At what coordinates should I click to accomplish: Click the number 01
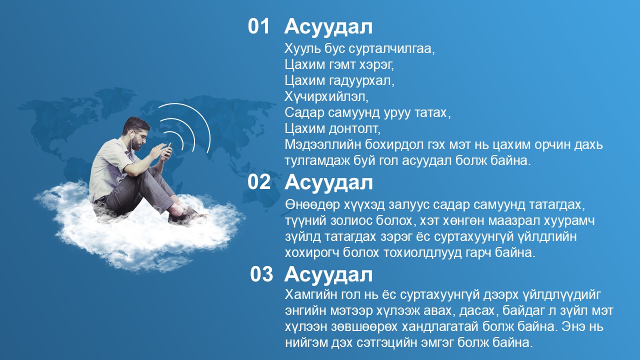pyautogui.click(x=258, y=26)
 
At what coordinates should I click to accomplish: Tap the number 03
pyautogui.click(x=261, y=274)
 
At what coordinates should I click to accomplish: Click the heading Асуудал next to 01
pyautogui.click(x=328, y=27)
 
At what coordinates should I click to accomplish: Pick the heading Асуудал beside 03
pyautogui.click(x=328, y=275)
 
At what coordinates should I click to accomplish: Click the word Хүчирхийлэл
pyautogui.click(x=326, y=97)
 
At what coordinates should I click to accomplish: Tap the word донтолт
pyautogui.click(x=355, y=129)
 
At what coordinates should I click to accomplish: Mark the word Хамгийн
pyautogui.click(x=311, y=295)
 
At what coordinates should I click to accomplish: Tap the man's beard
pyautogui.click(x=137, y=145)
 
